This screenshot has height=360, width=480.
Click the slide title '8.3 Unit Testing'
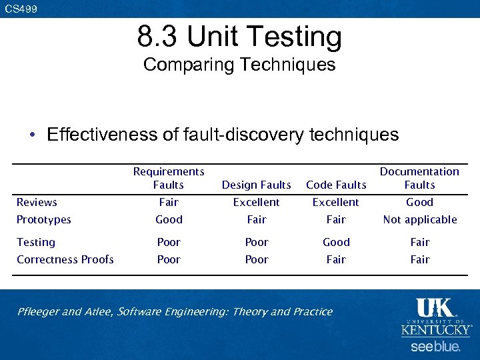239,37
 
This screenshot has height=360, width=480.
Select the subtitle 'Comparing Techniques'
239,65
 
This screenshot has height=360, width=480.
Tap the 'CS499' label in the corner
21,9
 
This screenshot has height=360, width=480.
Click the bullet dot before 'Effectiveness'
32,135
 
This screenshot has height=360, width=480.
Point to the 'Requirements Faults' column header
169,178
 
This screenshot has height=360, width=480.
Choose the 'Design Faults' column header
257,185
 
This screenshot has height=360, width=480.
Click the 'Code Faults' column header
336,185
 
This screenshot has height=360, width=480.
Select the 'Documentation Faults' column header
419,178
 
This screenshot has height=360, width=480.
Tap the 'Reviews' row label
37,202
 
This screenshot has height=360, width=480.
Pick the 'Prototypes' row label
43,219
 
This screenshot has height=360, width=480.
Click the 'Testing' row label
36,242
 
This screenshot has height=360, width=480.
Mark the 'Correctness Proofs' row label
65,259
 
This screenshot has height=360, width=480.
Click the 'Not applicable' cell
420,219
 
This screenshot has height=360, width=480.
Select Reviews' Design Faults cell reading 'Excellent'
257,202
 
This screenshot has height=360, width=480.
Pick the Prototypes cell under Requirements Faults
169,219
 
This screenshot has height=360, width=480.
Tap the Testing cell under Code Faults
336,242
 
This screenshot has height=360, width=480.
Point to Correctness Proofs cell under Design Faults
257,259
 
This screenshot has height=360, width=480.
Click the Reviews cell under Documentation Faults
420,202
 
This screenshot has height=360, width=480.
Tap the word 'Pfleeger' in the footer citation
38,311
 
